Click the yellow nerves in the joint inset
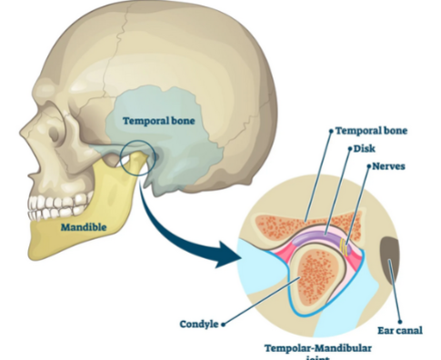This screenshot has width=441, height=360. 343,244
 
